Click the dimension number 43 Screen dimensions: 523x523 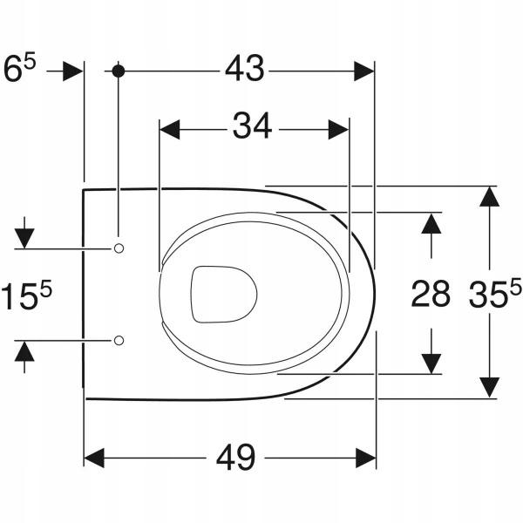(x=244, y=68)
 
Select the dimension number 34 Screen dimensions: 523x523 (x=252, y=126)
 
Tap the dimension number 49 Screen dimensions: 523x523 (x=235, y=458)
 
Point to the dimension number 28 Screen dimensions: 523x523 (x=431, y=294)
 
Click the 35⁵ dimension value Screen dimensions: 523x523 (x=495, y=293)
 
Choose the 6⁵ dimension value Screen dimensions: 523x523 (x=19, y=69)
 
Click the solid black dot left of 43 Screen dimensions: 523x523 (x=119, y=71)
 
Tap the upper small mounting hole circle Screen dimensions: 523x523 (x=119, y=248)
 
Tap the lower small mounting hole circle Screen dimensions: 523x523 (x=119, y=341)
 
